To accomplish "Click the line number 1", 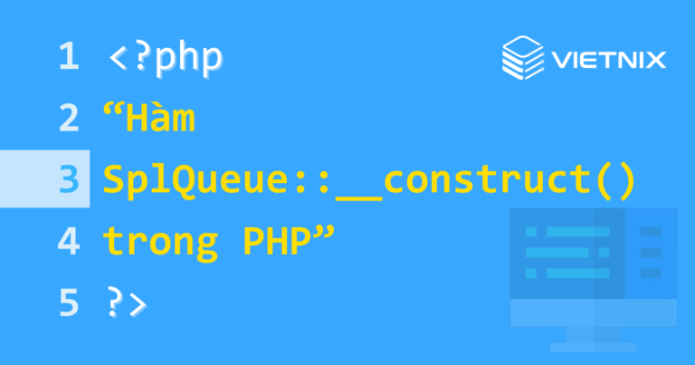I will [x=68, y=58].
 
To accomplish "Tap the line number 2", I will [x=68, y=120].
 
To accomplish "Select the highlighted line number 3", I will [x=68, y=180].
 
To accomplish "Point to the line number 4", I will [x=68, y=241].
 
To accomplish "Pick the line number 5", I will [x=68, y=303].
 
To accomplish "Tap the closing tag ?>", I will [x=126, y=303].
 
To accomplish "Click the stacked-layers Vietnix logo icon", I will [x=522, y=60].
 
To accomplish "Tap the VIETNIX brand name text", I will [x=608, y=61].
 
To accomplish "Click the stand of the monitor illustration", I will [x=594, y=339].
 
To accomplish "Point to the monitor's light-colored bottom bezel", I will [x=594, y=312].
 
